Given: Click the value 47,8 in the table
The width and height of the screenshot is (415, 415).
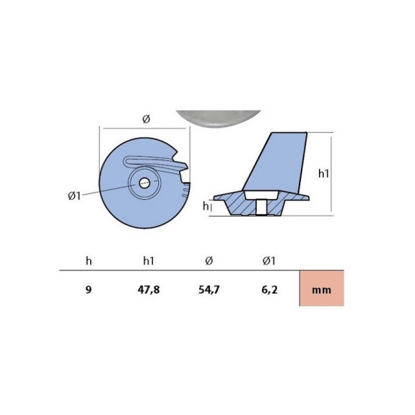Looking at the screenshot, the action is click(149, 290).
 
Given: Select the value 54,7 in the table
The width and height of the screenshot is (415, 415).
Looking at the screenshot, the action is click(209, 290).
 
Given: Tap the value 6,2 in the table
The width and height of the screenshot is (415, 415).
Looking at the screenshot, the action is click(269, 290).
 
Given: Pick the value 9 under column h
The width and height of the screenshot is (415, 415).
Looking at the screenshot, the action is click(89, 289).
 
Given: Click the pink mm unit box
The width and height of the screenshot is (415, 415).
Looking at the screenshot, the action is click(322, 288).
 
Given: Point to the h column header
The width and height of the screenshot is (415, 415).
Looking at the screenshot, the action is click(89, 261).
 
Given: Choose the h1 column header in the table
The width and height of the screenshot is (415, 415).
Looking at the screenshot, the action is click(149, 261).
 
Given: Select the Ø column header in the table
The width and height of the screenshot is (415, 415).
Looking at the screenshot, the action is click(209, 261).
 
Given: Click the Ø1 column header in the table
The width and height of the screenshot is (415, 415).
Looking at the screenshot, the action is click(269, 261).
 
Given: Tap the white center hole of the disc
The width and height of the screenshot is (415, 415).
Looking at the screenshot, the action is click(144, 183).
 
